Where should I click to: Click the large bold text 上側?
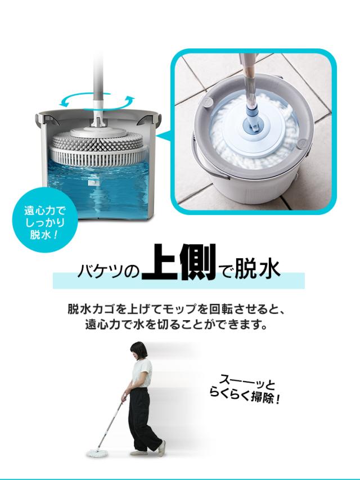coord(179,262)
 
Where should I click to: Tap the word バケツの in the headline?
coord(109,271)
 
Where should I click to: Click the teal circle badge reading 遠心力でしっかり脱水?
coord(44,221)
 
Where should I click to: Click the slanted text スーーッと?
coord(247,382)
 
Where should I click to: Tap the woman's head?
coord(138,351)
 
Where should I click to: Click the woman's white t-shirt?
coord(142,373)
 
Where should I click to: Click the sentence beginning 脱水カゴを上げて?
coord(177,309)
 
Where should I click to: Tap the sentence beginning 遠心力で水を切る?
coord(177,324)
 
